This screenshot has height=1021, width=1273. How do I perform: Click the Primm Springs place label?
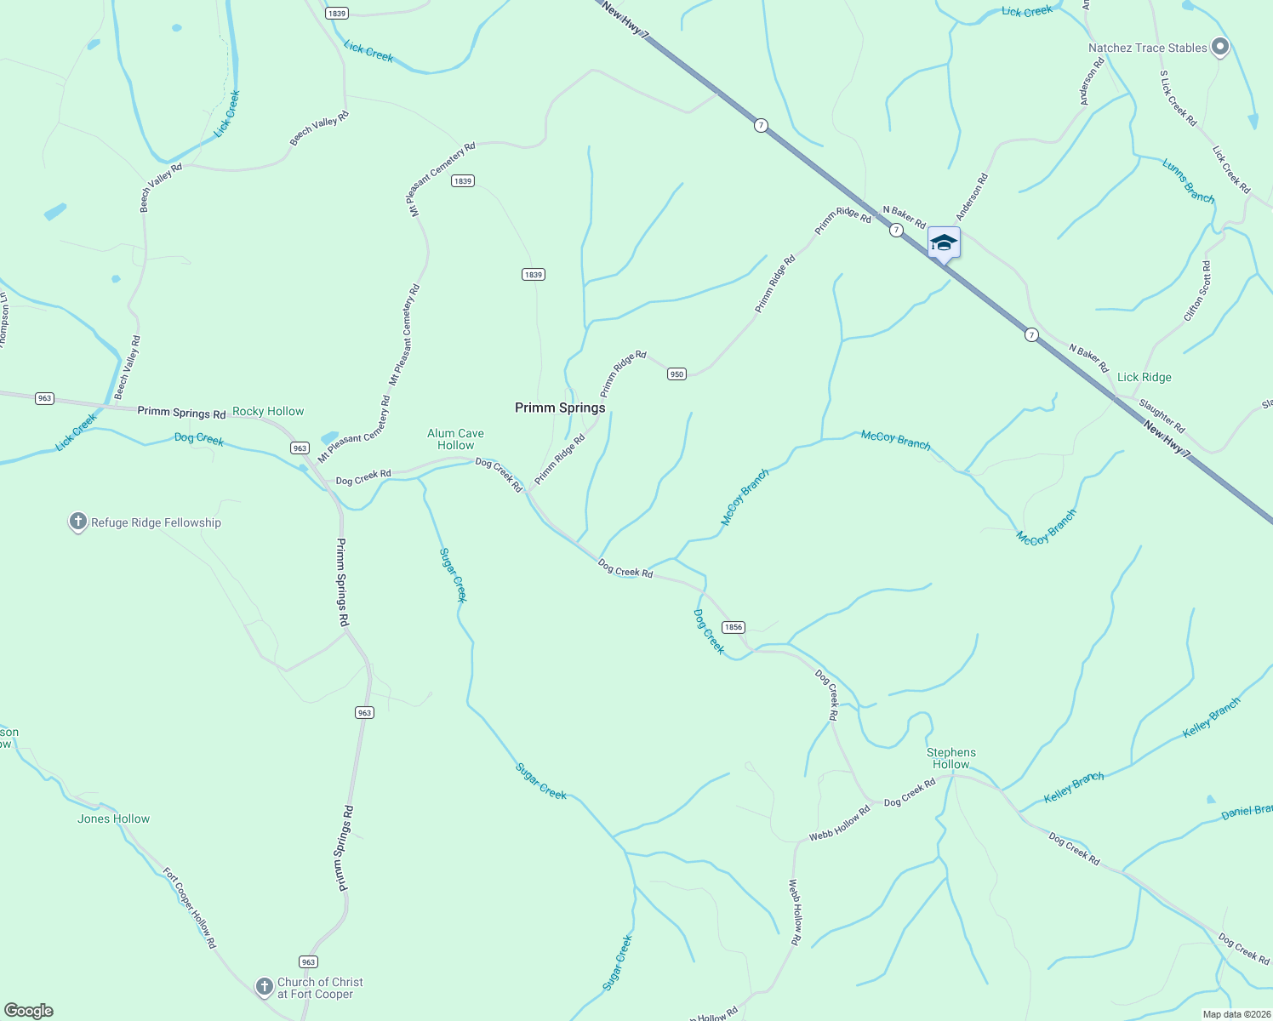[x=560, y=408]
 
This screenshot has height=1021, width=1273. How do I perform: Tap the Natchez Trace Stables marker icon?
[x=1219, y=48]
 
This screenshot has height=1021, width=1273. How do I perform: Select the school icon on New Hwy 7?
[x=944, y=243]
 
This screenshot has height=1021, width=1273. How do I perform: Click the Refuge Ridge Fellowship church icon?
[x=78, y=522]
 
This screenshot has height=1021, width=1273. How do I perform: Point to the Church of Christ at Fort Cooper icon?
[x=264, y=987]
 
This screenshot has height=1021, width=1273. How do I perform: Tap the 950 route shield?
[x=676, y=374]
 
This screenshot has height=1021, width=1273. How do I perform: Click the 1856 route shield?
[x=733, y=627]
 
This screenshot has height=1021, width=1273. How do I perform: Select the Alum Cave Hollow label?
[x=455, y=439]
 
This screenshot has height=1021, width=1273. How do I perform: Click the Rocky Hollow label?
[x=268, y=412]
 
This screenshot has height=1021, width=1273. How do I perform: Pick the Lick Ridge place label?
[x=1144, y=377]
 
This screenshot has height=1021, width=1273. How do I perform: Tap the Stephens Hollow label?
[x=950, y=758]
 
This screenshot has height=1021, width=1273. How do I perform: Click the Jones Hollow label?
[x=113, y=819]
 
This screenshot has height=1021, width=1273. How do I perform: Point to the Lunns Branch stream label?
[x=1188, y=181]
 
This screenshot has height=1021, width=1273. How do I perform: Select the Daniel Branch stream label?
[x=1247, y=812]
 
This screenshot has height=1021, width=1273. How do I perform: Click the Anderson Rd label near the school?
[x=972, y=197]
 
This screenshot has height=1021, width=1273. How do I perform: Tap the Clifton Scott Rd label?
[x=1197, y=292]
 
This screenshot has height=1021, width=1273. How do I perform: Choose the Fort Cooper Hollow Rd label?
[x=190, y=908]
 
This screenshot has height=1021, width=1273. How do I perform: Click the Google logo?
[x=29, y=1011]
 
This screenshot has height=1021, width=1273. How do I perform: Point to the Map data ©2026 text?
[x=1236, y=1014]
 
